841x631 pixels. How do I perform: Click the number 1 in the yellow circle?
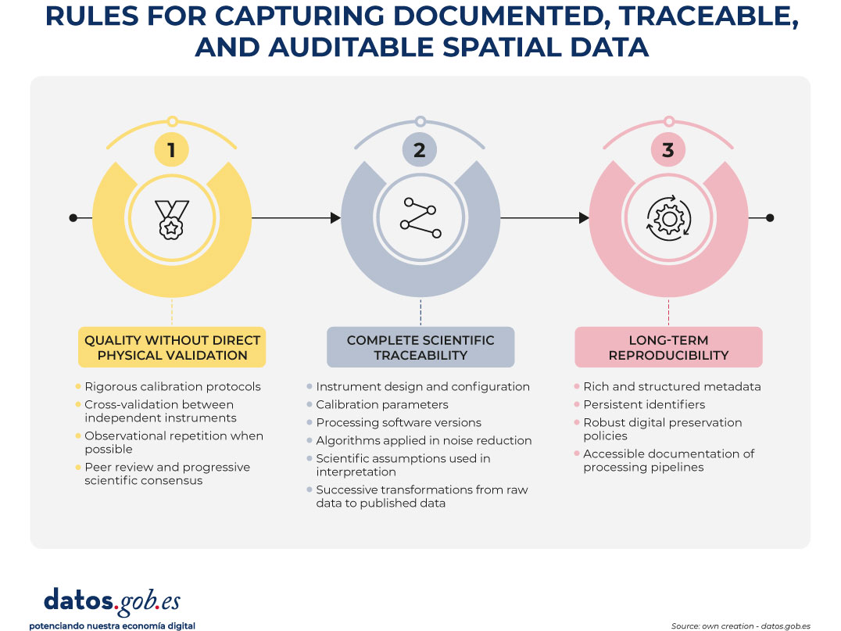tap(172, 149)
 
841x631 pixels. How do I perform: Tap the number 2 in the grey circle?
tap(420, 149)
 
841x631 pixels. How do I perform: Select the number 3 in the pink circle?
tap(667, 149)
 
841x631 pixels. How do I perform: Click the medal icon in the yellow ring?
tap(172, 218)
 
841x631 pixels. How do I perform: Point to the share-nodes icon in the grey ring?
tap(420, 218)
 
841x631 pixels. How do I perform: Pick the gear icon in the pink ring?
tap(667, 218)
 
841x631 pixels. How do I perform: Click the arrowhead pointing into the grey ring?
tap(336, 218)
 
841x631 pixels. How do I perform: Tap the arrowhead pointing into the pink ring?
tap(584, 218)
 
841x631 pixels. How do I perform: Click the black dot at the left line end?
tap(73, 218)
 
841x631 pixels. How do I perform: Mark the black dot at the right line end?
tap(770, 218)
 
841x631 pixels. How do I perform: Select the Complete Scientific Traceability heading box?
tap(420, 347)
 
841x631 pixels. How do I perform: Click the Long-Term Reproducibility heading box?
tap(667, 347)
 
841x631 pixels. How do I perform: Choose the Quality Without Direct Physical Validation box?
tap(172, 347)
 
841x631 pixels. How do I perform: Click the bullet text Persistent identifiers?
tap(644, 404)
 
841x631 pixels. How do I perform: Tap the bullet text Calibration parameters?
tap(382, 404)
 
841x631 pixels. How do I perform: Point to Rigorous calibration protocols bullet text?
tap(173, 386)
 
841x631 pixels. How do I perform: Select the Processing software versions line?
tap(399, 422)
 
